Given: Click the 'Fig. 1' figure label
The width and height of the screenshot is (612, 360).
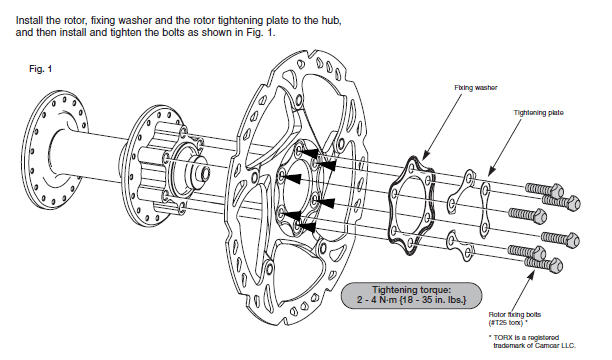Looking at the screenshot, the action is click(40, 69).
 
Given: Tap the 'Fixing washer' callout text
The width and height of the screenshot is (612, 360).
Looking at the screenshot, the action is click(475, 88).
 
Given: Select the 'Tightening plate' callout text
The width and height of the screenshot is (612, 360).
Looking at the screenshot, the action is click(538, 113).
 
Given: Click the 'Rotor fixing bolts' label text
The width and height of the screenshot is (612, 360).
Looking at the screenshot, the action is click(514, 315).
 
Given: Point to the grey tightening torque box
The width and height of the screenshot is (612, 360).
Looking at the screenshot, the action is click(411, 296).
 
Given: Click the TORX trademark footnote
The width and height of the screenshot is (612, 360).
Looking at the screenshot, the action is click(532, 342).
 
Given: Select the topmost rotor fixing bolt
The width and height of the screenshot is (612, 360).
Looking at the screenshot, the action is click(544, 190).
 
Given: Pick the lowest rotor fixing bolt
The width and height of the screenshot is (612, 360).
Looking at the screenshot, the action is click(543, 264).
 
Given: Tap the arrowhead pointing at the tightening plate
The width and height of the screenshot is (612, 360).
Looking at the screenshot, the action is click(491, 171).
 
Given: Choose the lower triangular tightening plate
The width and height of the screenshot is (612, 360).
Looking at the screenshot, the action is click(461, 246).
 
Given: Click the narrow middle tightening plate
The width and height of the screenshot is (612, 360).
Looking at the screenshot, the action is click(485, 210).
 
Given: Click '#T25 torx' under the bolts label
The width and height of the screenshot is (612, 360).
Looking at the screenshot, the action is click(507, 323).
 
